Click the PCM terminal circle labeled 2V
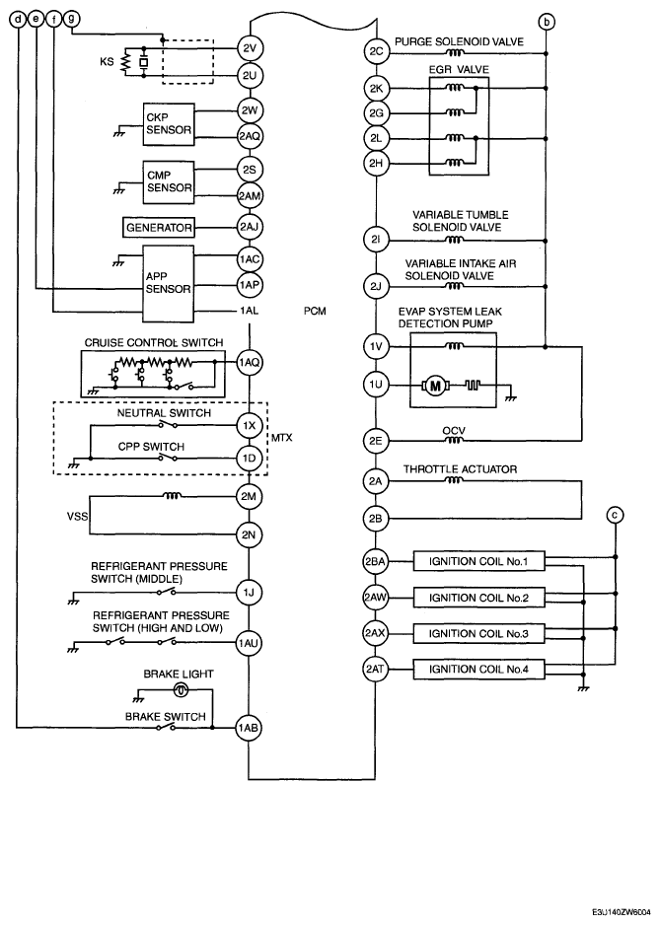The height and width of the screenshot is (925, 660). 249,48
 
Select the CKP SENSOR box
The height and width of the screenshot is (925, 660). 168,122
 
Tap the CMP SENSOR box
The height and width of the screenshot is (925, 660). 168,180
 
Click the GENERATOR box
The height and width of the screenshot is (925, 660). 158,227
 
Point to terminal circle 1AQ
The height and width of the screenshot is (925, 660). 249,363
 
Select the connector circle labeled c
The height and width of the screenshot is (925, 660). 616,513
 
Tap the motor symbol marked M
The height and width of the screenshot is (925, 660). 434,385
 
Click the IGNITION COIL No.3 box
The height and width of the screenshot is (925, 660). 478,632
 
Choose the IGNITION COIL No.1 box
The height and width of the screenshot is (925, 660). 478,563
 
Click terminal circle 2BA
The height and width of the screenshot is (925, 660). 375,563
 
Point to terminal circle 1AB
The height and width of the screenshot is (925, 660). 249,729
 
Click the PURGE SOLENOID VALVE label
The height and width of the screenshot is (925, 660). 458,42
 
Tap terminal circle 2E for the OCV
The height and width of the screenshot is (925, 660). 375,441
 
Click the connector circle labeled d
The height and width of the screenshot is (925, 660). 19,20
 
